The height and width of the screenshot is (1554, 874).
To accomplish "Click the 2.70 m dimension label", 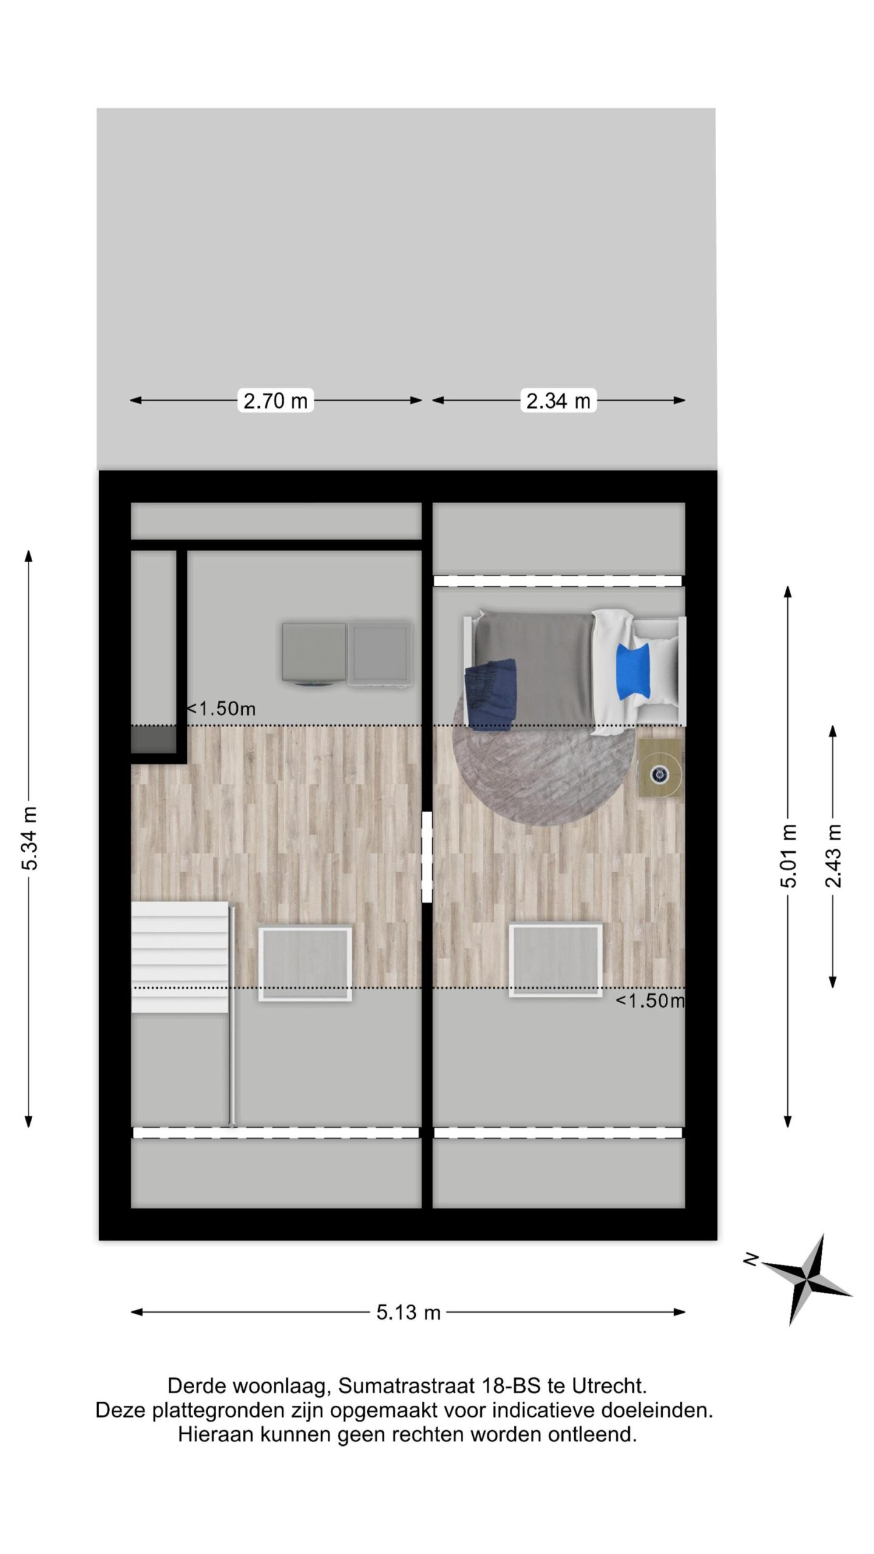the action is [276, 401].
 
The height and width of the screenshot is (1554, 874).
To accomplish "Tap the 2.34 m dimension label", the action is [558, 401].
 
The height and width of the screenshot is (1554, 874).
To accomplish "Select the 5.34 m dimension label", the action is [30, 838].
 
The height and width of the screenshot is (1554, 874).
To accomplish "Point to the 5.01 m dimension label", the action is [788, 856].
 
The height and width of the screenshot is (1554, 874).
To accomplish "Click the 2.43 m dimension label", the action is [833, 856].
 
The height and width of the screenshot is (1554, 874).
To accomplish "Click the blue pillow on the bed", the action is [634, 671].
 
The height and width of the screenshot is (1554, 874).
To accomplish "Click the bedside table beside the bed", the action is [661, 768].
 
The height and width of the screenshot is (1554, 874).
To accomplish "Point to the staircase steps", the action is [180, 957].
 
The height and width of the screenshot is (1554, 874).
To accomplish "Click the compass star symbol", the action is [806, 1278].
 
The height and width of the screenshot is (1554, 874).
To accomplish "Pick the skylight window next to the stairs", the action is [305, 963].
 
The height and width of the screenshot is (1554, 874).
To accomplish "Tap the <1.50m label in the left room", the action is [221, 708].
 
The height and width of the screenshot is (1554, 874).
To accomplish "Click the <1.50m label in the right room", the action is [651, 1000].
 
